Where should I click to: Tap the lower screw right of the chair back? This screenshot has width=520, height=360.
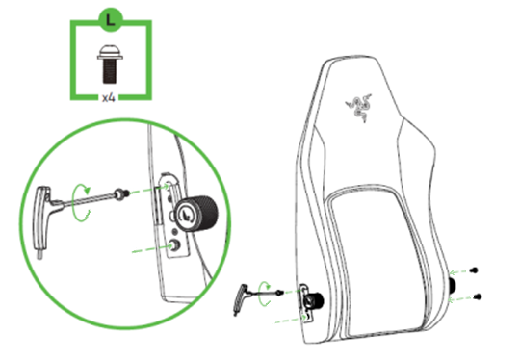[x=479, y=293]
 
